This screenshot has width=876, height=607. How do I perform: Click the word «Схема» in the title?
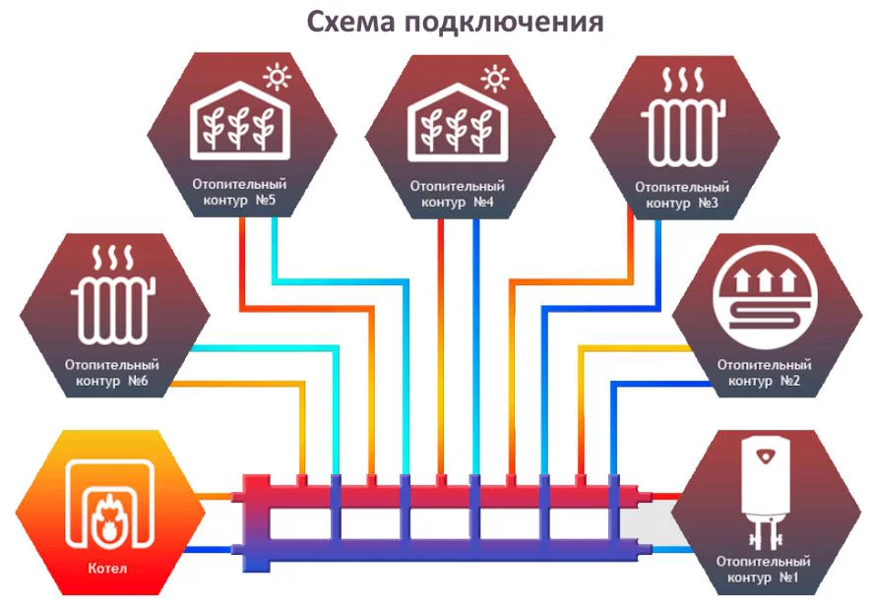point(350,22)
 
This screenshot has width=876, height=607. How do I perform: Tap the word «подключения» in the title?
point(505,24)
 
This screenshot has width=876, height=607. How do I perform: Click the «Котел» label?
point(107,569)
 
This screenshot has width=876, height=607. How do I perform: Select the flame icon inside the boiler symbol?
point(107,518)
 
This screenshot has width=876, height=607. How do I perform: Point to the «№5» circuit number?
point(266,200)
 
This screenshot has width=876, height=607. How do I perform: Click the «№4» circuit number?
point(484,202)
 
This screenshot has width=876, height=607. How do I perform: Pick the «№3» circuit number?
point(708,203)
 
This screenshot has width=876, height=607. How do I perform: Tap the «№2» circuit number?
point(790,381)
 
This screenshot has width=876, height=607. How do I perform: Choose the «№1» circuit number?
point(788,577)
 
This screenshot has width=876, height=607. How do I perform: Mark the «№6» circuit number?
point(138,381)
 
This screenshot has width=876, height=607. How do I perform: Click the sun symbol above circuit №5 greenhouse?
point(278,77)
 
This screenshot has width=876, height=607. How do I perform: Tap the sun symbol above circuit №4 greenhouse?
point(495,78)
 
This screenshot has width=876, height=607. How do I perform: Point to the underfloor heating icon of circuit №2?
point(765,295)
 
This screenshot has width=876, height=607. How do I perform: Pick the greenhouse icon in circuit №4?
point(458,123)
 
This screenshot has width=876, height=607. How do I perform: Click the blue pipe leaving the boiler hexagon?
point(209,550)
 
